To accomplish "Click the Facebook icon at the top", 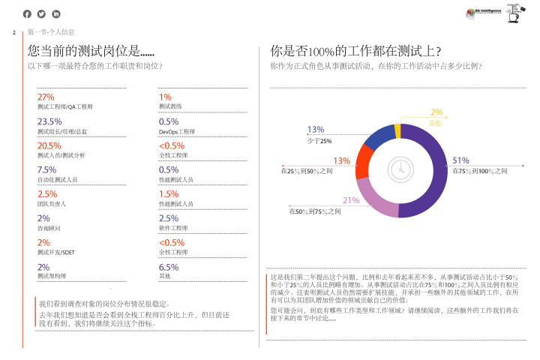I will coord(28,14).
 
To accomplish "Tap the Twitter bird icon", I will coord(41,14).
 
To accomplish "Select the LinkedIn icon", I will coord(55,14).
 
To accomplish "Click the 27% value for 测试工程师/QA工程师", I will coord(46,97).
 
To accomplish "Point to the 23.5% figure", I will coord(49,121).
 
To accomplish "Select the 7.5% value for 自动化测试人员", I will coord(46,169).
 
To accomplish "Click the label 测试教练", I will coord(170,107).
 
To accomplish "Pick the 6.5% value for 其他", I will coord(169,266).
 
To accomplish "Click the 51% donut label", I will coord(460,160).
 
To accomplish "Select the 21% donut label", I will coord(351,200).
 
